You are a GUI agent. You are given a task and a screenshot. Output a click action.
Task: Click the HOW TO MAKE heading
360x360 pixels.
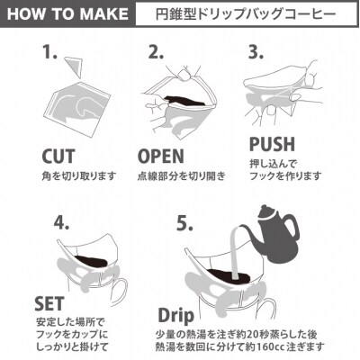67,14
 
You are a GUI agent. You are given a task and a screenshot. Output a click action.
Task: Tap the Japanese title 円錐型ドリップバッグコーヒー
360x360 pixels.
246,14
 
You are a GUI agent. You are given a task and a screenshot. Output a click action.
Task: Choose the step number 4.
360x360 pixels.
61,222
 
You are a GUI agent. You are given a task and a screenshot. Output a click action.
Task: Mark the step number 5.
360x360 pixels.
184,222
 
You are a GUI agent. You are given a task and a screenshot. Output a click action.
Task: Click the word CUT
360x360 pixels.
58,157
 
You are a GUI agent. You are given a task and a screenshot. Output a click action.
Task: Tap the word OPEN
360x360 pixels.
161,157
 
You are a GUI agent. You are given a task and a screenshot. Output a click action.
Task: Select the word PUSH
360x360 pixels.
272,144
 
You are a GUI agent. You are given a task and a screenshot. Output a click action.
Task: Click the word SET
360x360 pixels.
49,303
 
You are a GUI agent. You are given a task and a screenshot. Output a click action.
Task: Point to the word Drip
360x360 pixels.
176,317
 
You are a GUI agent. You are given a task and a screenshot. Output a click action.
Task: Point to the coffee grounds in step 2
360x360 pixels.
184,101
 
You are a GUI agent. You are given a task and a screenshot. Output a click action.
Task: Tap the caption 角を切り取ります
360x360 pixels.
79,176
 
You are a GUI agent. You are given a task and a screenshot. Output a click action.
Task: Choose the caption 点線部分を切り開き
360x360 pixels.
182,176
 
